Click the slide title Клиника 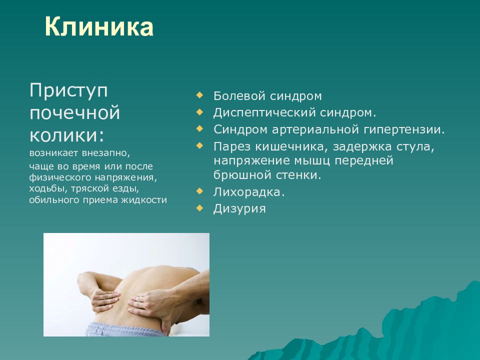(98, 27)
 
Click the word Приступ (69, 91)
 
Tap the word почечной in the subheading (74, 112)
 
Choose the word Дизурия (239, 208)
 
